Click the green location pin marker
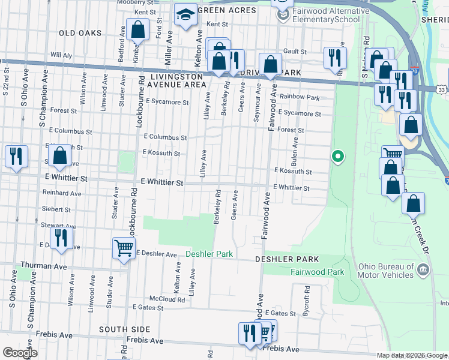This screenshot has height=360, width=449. coord(338,157)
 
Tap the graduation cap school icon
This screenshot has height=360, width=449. coord(185,16)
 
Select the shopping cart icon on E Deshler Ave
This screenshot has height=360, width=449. coord(124,247)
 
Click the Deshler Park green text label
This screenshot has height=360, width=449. coord(209,254)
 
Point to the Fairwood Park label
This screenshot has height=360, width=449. coord(317,272)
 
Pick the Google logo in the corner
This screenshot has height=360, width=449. coord(19,353)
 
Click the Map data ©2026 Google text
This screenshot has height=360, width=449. coord(411,355)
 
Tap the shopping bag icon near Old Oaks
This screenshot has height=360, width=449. coord(137,31)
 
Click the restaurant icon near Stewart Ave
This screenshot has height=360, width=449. coord(61,238)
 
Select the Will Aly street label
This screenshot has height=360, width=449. coord(61,55)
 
